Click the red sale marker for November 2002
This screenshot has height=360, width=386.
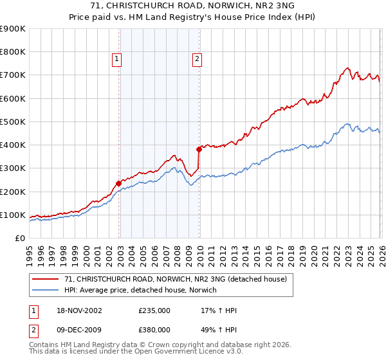(x=119, y=183)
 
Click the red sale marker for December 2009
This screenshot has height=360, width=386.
(x=199, y=149)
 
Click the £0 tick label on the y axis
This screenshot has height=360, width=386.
(x=19, y=238)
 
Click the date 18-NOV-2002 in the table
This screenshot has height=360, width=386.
(x=79, y=310)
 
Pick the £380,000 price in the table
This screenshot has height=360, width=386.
(x=154, y=330)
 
